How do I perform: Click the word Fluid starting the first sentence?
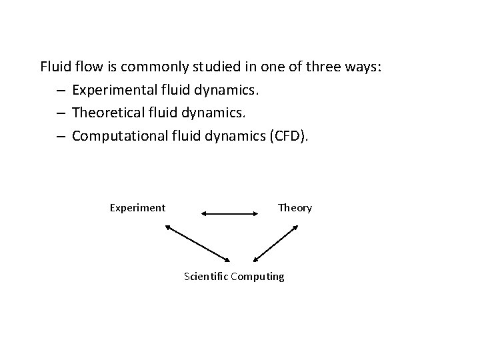(54, 67)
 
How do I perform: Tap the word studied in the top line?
(209, 67)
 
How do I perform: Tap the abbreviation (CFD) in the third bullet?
(287, 136)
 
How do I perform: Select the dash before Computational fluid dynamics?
(60, 137)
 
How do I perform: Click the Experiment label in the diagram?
(137, 207)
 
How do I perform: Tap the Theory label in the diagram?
(295, 207)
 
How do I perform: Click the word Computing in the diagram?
(257, 276)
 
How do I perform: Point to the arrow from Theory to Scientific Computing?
(276, 243)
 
